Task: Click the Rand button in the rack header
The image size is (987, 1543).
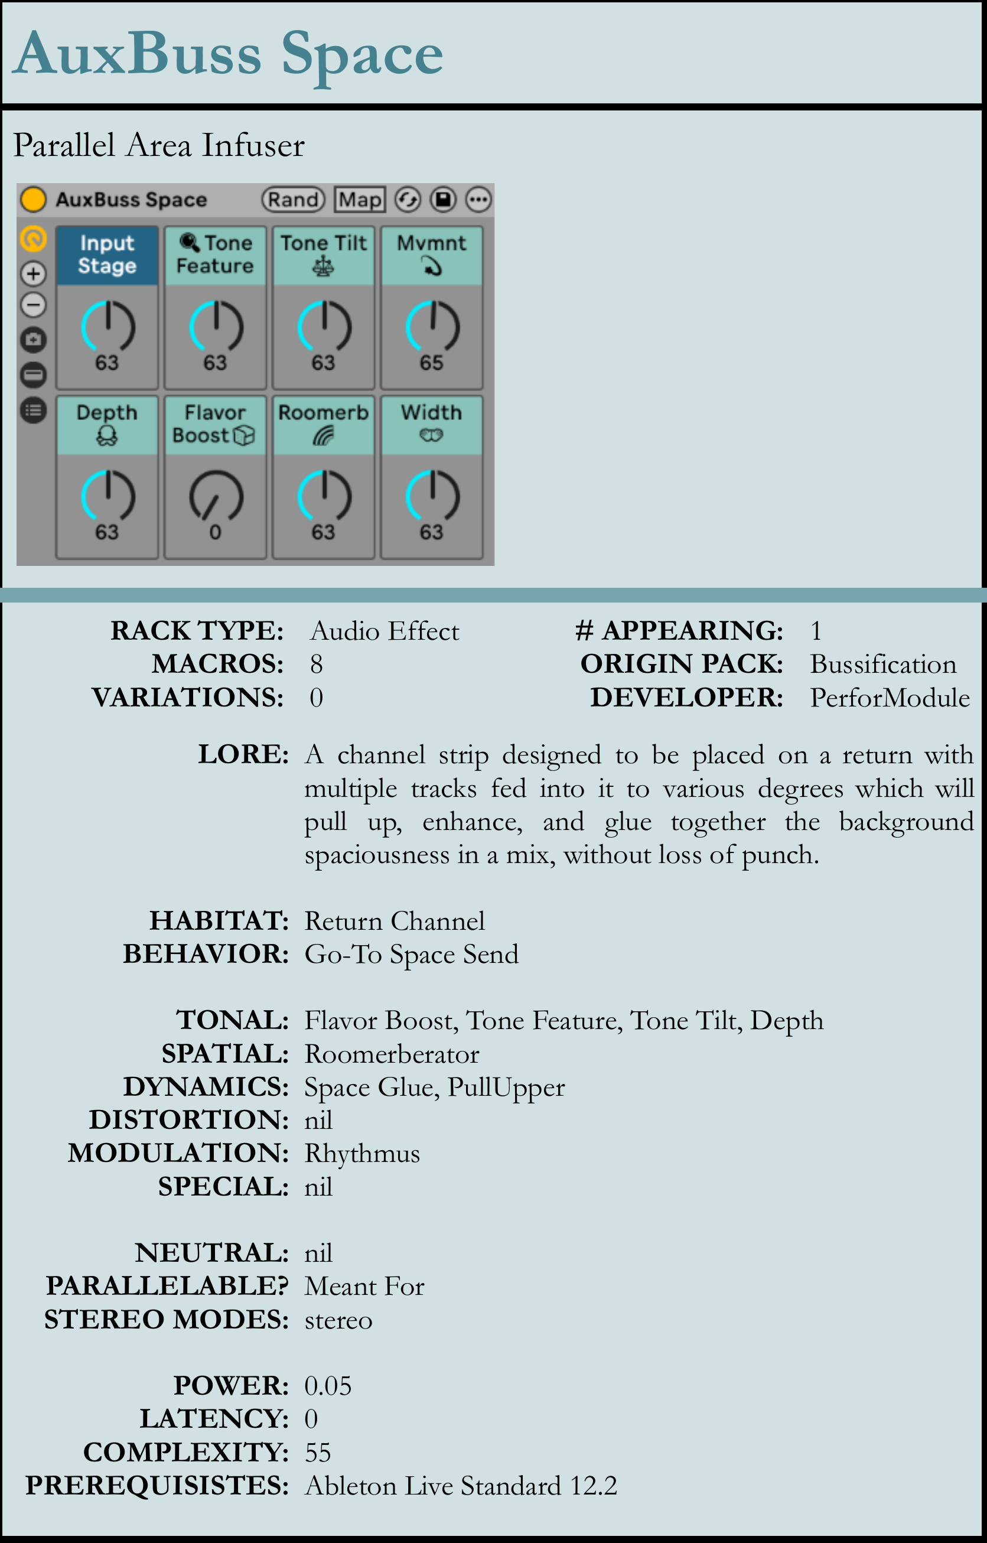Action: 293,200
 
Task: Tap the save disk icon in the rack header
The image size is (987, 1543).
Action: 443,200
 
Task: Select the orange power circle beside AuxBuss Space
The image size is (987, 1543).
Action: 33,199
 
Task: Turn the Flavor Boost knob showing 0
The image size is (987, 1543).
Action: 216,497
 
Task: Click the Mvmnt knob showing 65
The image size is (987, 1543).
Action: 432,327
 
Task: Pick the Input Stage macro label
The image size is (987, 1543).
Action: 107,255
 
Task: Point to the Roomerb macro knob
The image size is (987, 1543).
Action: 324,497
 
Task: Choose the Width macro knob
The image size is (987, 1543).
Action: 432,497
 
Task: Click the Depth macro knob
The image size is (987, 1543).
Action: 108,497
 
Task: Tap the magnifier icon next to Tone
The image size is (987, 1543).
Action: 189,242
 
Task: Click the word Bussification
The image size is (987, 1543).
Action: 882,665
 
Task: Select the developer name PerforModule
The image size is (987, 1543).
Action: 889,698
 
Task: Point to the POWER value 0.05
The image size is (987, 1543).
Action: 327,1386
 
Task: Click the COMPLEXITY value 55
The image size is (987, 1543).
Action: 317,1453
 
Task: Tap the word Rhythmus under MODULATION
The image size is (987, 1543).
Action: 362,1153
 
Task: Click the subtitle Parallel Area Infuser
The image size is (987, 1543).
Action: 159,145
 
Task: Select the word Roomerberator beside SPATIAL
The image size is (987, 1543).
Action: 392,1054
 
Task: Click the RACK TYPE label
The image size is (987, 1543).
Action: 197,630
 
